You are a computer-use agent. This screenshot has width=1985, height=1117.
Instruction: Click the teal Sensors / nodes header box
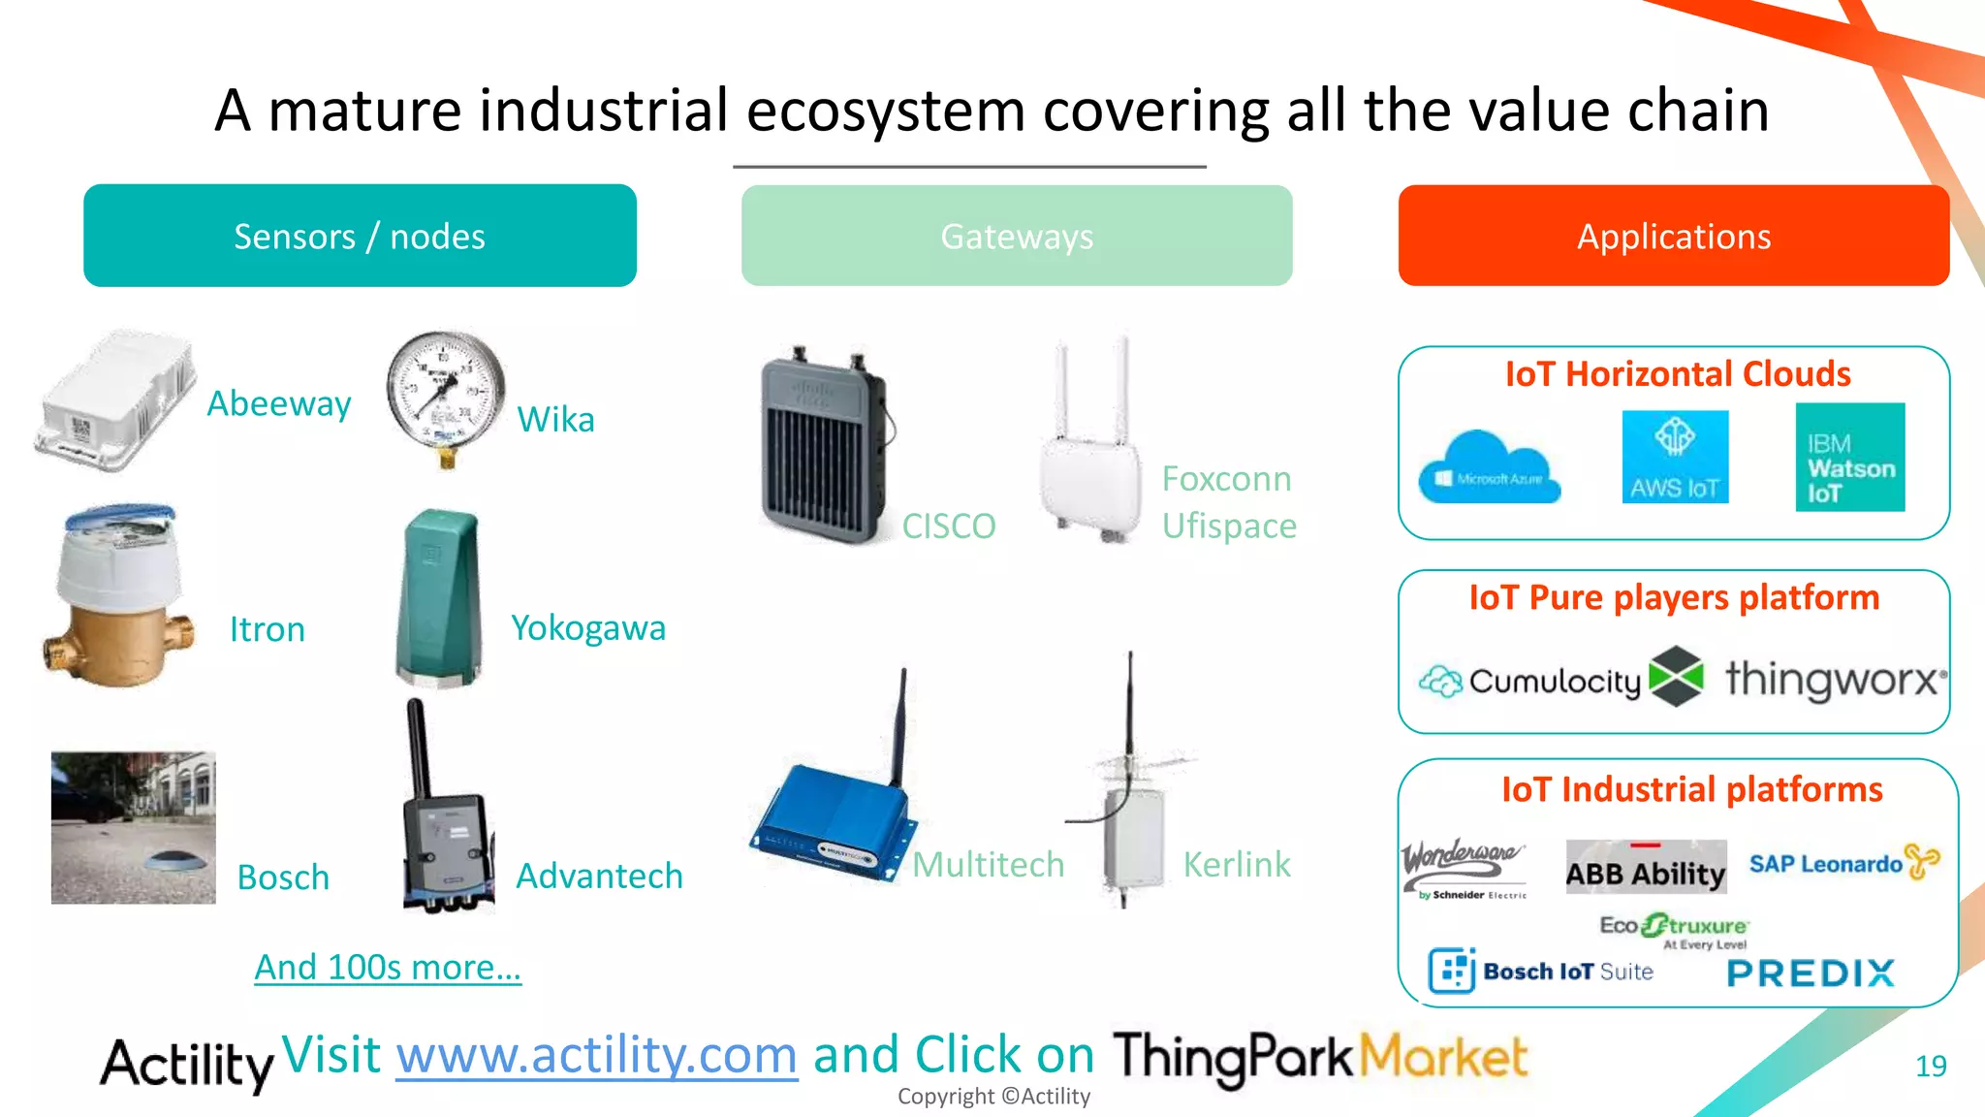click(360, 236)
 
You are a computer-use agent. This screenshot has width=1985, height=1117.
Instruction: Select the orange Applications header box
click(1673, 236)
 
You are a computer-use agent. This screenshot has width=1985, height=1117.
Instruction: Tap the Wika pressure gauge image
click(445, 398)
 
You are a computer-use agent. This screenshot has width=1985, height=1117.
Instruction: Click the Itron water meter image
click(118, 596)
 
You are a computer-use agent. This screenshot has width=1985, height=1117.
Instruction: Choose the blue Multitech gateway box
click(834, 819)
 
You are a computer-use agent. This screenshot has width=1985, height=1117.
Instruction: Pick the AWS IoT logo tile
click(1675, 457)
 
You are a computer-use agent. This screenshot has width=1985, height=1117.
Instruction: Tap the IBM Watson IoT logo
click(1849, 457)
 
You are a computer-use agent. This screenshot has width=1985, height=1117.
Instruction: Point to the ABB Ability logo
click(1646, 867)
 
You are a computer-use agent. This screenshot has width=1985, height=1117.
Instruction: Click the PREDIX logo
click(1811, 973)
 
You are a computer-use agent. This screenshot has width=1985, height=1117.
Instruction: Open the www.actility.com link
click(596, 1055)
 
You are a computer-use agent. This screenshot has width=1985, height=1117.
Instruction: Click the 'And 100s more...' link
click(388, 967)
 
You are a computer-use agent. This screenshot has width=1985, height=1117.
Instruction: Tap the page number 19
click(1930, 1066)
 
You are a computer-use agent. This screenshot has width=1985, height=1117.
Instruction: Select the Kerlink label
click(1237, 864)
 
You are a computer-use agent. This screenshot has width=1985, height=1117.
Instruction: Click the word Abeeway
click(279, 403)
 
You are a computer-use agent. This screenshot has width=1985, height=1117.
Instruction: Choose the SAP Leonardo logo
click(1843, 862)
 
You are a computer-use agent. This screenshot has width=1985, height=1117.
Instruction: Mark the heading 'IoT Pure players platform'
click(1674, 597)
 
